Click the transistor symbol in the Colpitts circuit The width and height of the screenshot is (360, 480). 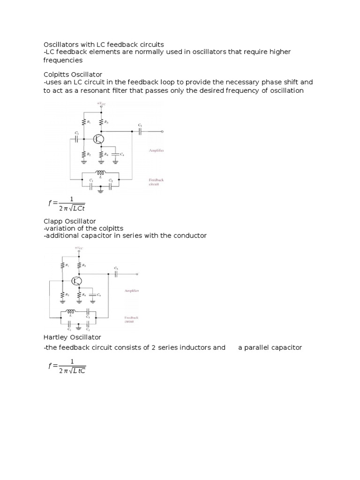click(98, 139)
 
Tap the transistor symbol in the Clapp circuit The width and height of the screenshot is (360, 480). click(77, 281)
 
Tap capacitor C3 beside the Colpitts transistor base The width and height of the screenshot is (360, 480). click(77, 139)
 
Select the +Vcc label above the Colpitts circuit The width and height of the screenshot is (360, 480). click(101, 104)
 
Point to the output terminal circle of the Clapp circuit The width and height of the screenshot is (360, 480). click(137, 274)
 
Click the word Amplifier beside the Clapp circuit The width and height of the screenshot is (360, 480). click(131, 291)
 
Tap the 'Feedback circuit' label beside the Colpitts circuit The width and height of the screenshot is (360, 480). click(156, 182)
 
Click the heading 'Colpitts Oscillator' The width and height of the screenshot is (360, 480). click(73, 75)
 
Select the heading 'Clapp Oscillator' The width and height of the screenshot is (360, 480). click(70, 221)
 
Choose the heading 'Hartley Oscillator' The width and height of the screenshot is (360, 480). click(72, 337)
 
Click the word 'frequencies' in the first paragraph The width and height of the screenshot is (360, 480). click(63, 60)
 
